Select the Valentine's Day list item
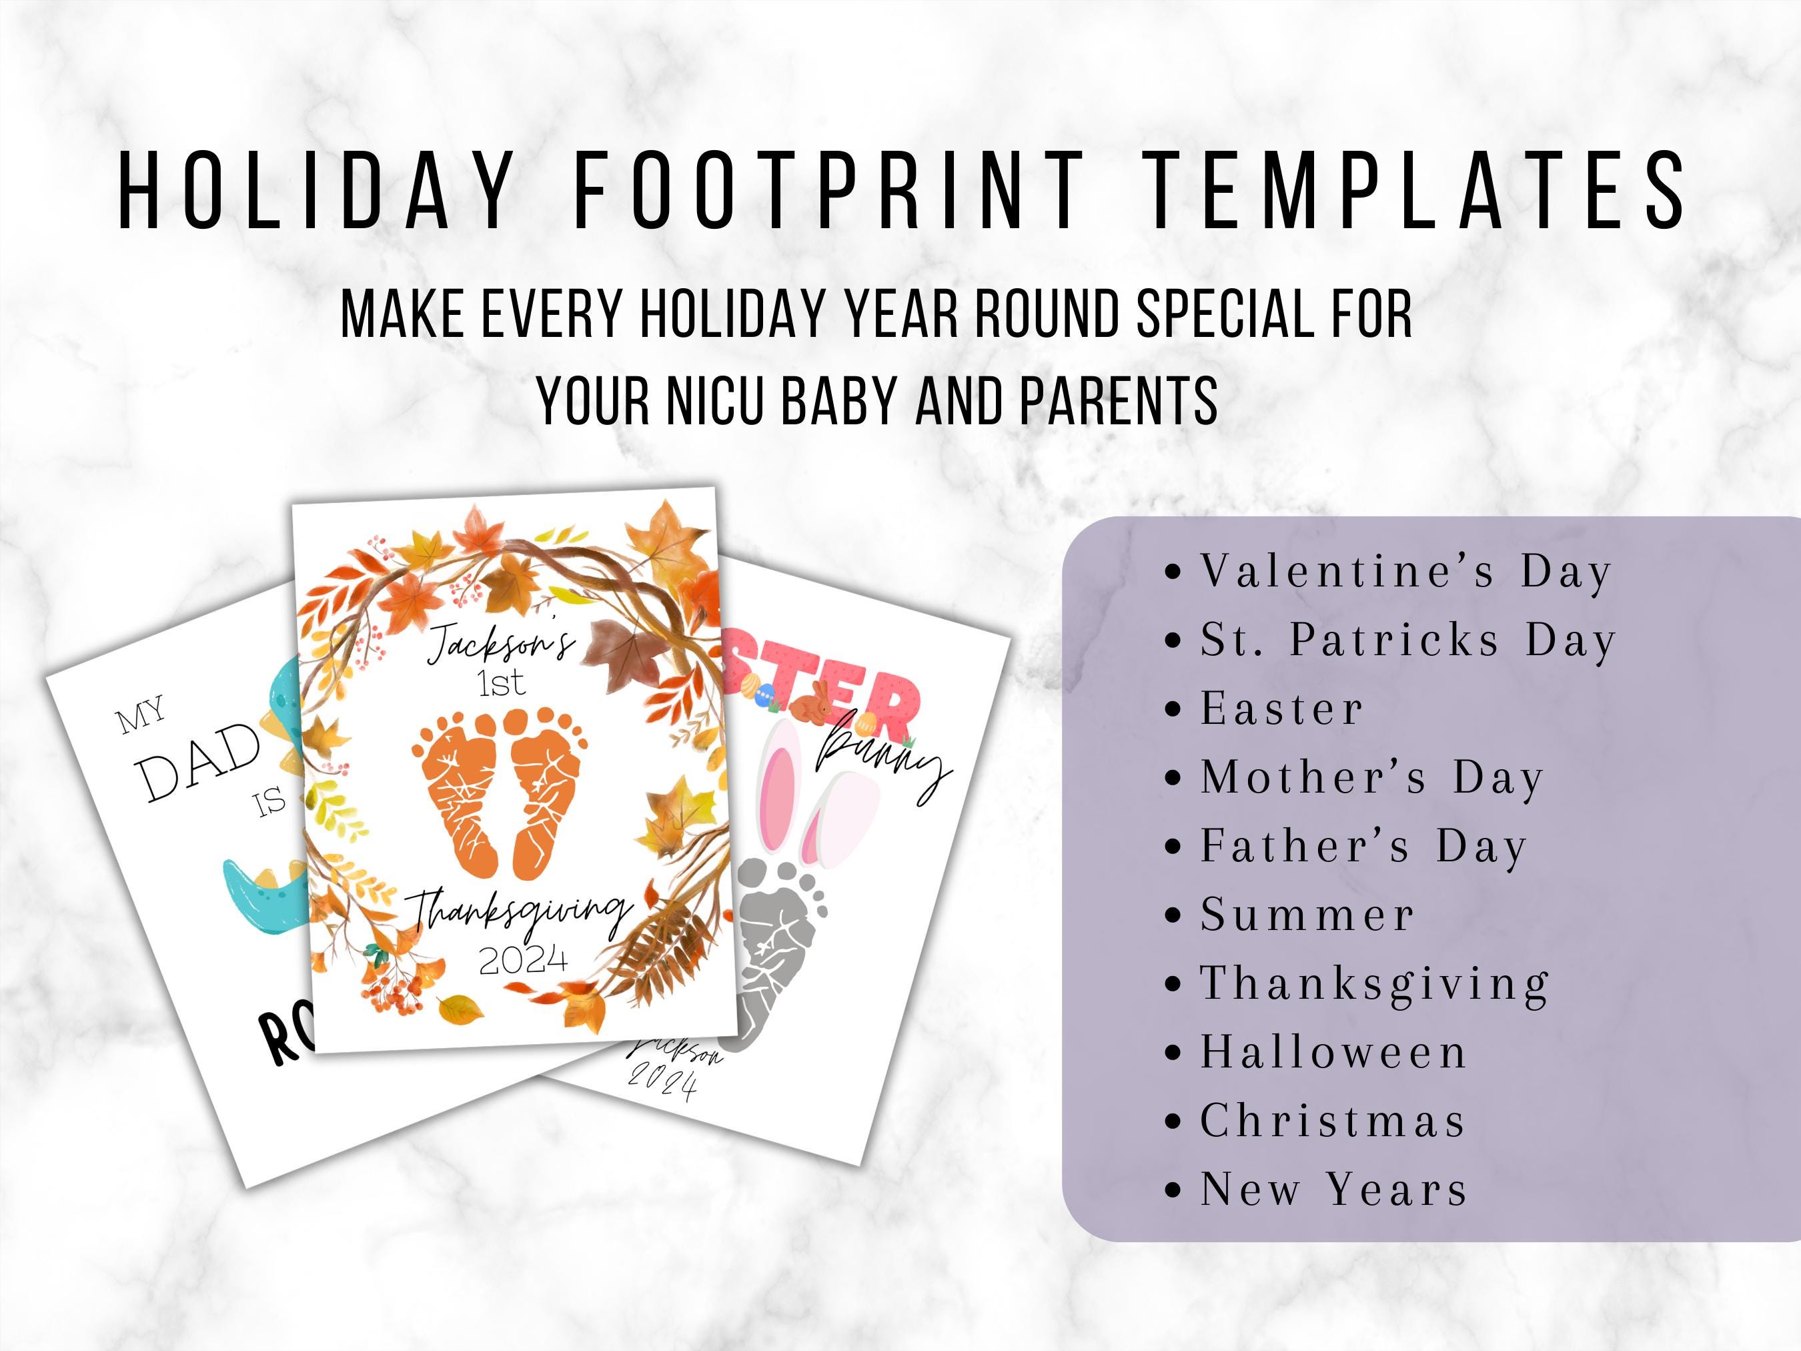point(1405,572)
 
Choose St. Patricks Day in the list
point(1407,640)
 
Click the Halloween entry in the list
point(1333,1052)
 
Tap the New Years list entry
point(1333,1189)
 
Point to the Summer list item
point(1307,915)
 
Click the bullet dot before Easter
point(1173,709)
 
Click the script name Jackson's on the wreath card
point(501,643)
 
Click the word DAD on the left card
point(199,761)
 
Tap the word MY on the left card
point(141,716)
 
